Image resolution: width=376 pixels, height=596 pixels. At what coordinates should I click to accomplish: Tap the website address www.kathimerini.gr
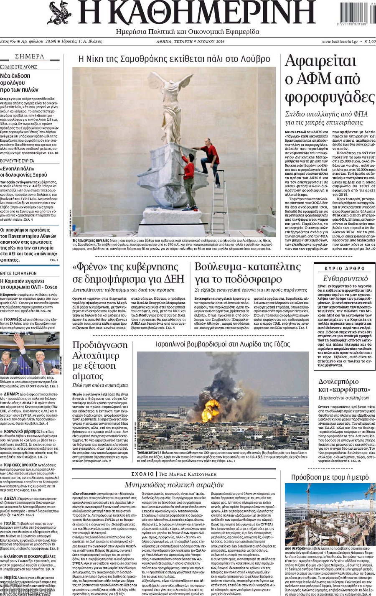339,42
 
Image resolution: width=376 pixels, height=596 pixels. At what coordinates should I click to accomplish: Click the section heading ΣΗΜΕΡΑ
29,56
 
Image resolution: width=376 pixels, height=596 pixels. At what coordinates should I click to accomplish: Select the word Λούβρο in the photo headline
255,59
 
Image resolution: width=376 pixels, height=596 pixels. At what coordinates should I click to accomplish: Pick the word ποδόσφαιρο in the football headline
265,279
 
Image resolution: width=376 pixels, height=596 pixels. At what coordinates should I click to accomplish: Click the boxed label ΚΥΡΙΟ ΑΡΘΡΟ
345,268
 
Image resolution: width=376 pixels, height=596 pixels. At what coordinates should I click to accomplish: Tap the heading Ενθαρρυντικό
345,278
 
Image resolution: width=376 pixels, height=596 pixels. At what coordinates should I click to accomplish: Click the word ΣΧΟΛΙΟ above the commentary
142,474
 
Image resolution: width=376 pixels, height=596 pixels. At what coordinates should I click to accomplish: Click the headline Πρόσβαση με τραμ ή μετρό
330,477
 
